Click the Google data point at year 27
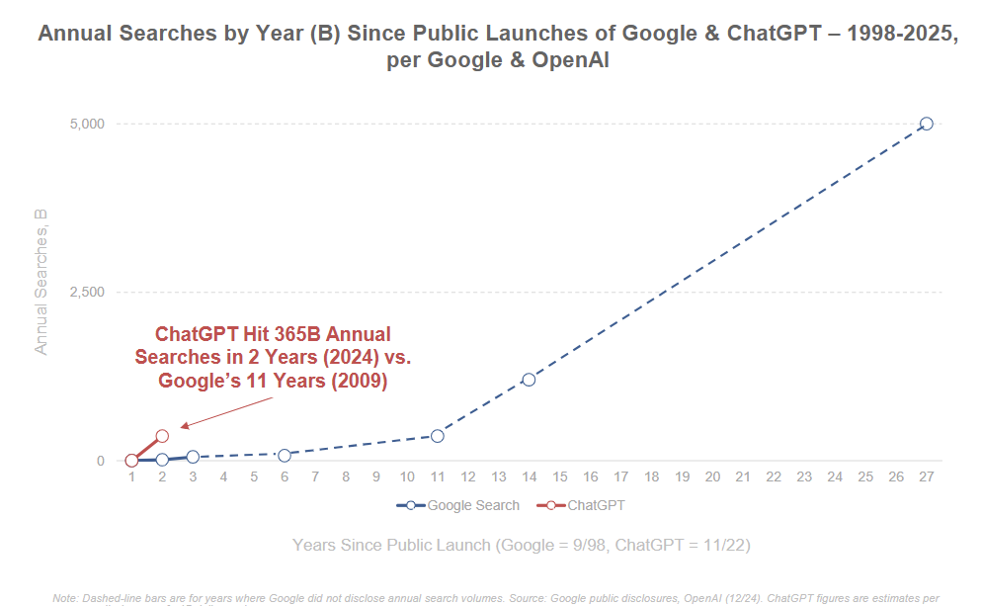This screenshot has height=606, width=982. (x=926, y=124)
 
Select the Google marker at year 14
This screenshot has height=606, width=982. (x=529, y=380)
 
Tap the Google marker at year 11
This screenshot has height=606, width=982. (x=438, y=436)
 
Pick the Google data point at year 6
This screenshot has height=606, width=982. (x=285, y=455)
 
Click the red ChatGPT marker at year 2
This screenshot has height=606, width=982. (x=162, y=436)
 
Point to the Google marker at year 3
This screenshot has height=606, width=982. (x=193, y=457)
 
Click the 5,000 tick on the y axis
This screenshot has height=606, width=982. (x=87, y=124)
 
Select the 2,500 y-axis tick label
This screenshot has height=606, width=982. (x=87, y=293)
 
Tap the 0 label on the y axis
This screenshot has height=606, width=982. (x=100, y=461)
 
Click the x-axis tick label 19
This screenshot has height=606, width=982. (x=682, y=477)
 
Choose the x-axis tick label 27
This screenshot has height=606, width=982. (x=926, y=477)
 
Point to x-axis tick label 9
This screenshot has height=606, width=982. (x=376, y=477)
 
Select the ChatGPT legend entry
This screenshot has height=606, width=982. (x=595, y=505)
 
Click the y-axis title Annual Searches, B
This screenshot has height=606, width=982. (x=41, y=281)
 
